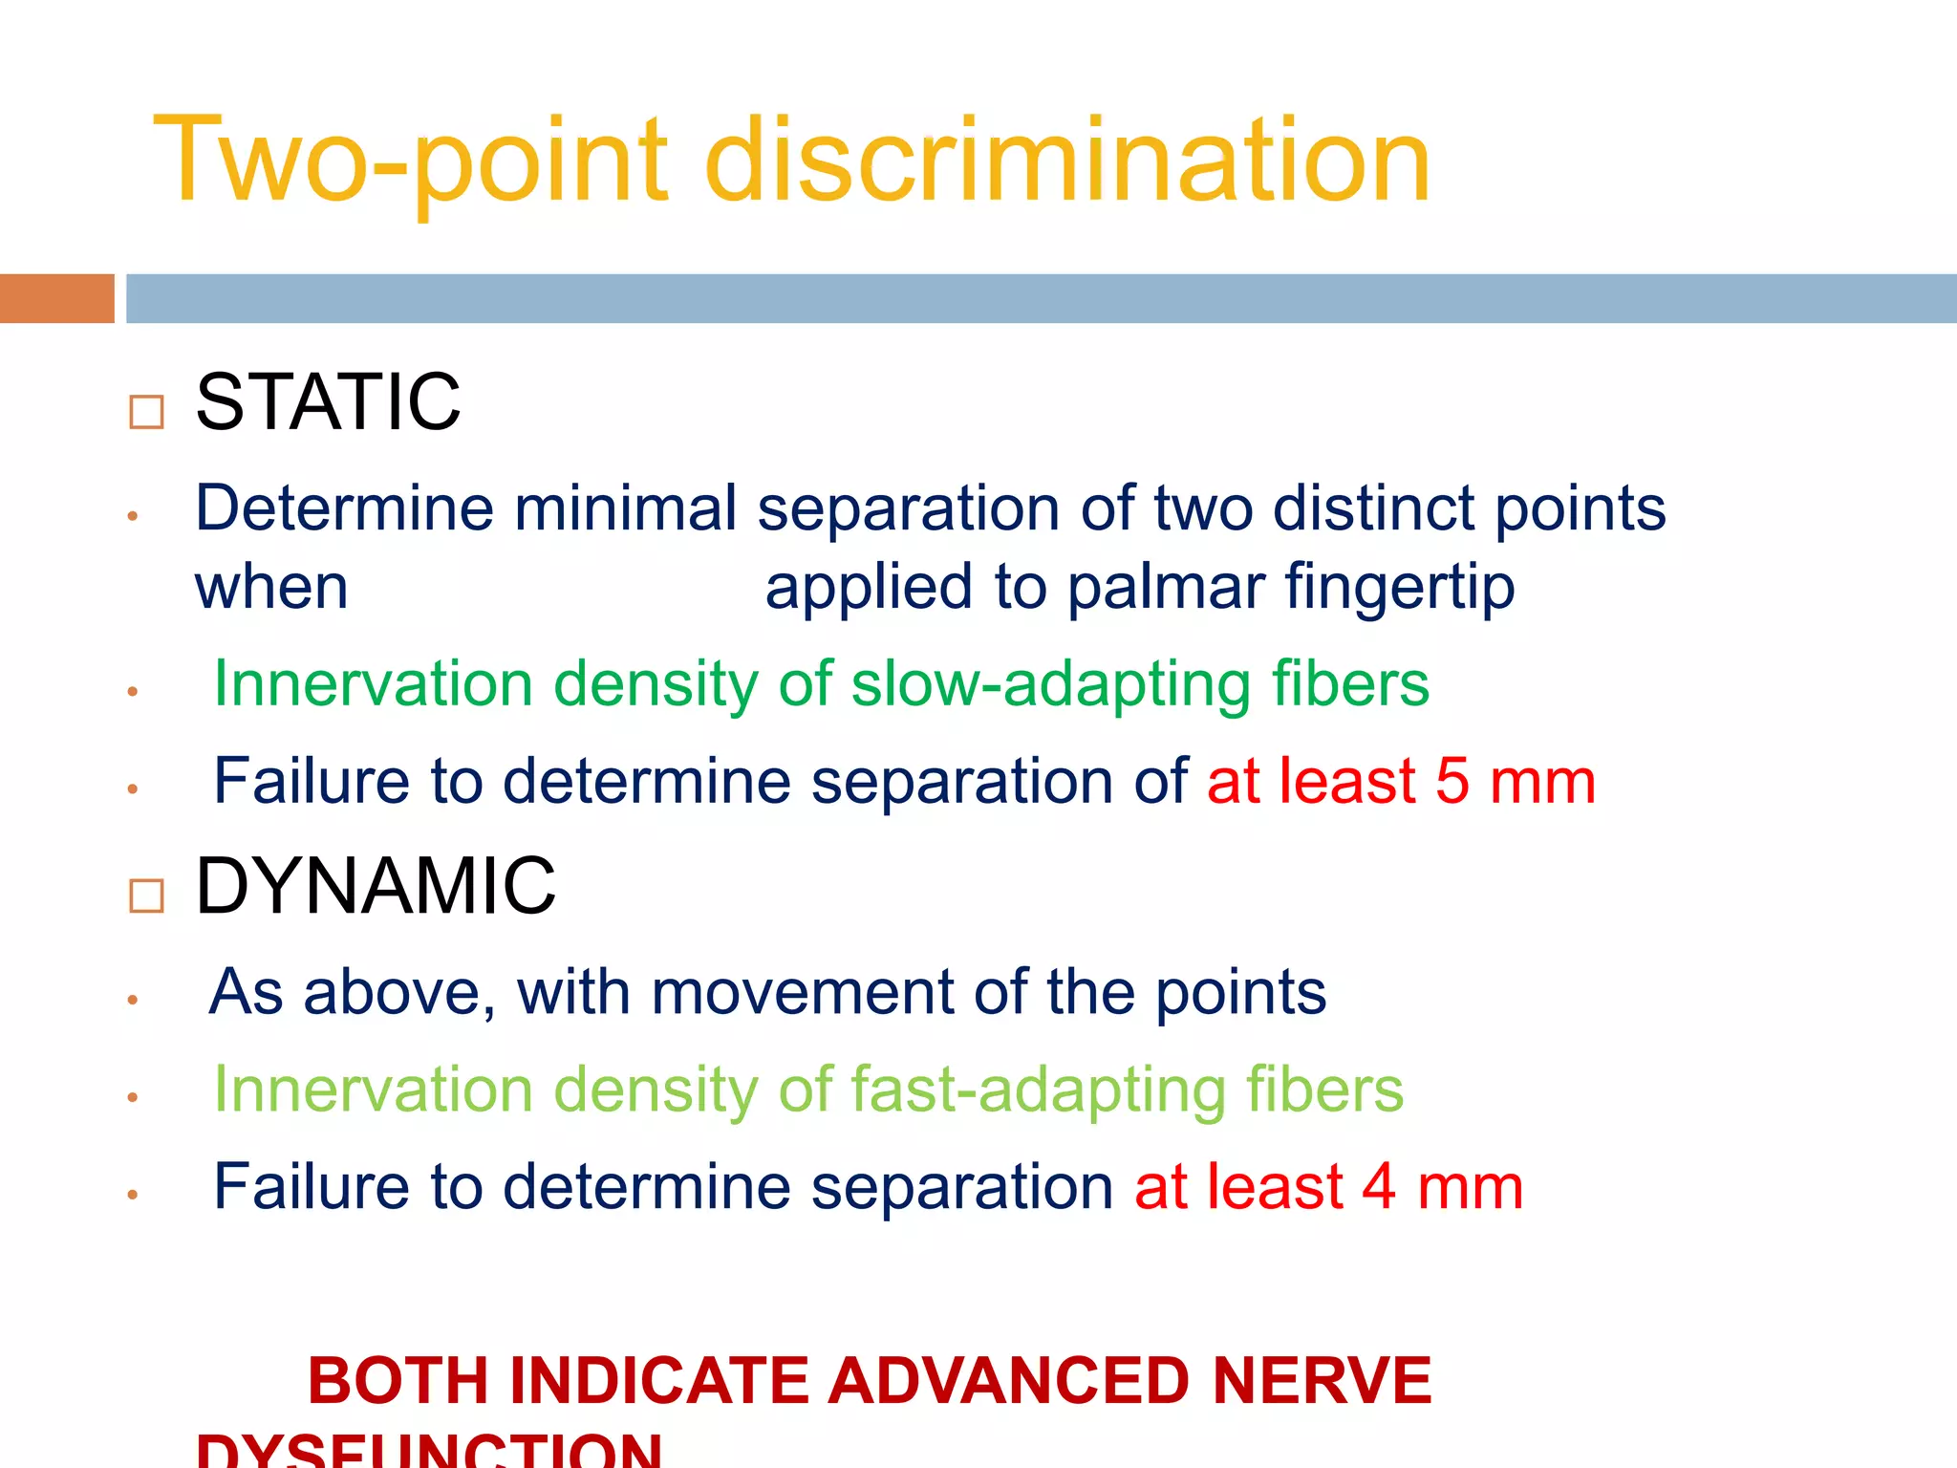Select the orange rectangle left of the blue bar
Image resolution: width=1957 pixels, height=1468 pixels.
(56, 298)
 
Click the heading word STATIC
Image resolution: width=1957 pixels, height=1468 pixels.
(328, 402)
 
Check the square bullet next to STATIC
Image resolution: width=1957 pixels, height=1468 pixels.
(146, 412)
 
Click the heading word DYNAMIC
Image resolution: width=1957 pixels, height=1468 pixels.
(376, 886)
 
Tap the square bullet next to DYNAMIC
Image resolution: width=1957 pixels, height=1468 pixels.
(146, 896)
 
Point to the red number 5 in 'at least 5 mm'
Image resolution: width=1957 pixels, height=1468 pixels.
(1452, 781)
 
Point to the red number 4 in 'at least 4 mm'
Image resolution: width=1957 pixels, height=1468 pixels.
(1379, 1187)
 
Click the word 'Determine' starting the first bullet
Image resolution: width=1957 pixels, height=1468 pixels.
(344, 507)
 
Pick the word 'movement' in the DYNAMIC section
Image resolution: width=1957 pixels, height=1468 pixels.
(801, 992)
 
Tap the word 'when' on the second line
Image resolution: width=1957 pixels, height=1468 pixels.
(271, 586)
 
